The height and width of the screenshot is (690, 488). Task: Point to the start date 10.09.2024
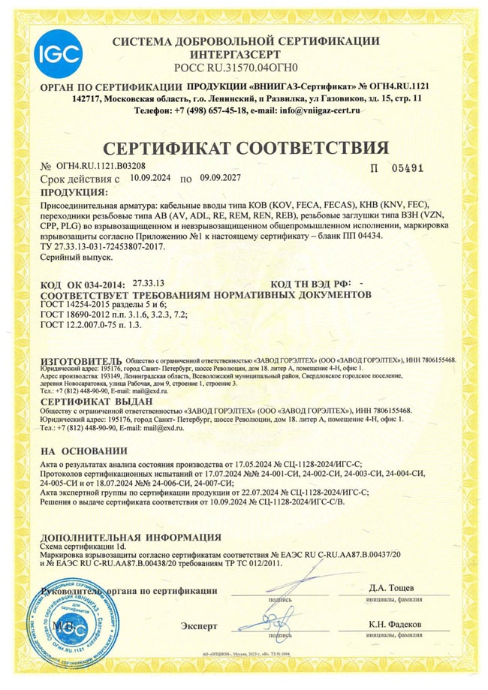tap(150, 179)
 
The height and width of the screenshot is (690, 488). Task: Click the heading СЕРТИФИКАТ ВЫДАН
tap(86, 402)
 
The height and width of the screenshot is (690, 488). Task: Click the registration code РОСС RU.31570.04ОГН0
tap(246, 68)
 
